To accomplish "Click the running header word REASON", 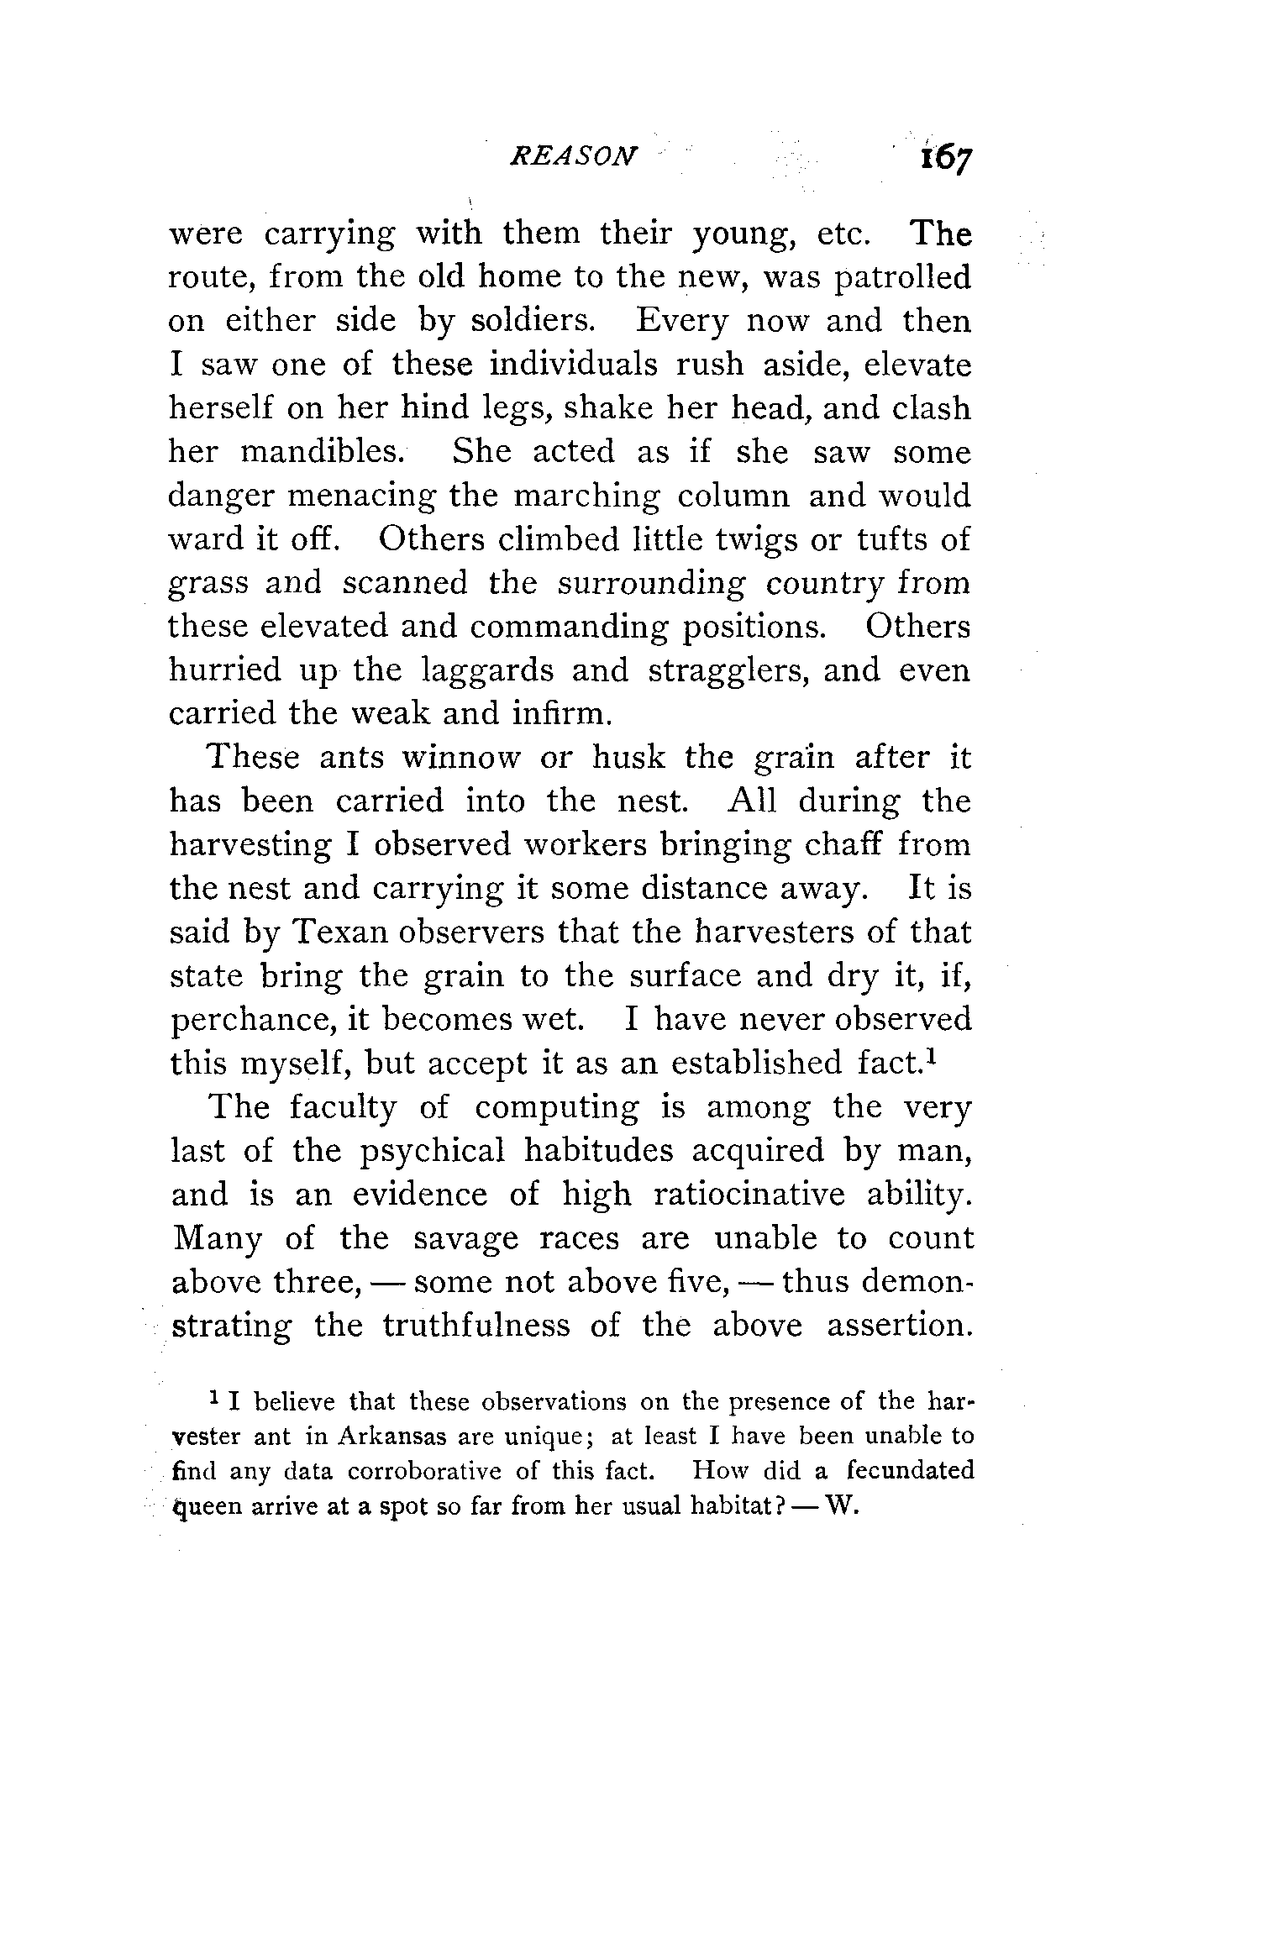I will point(575,156).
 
